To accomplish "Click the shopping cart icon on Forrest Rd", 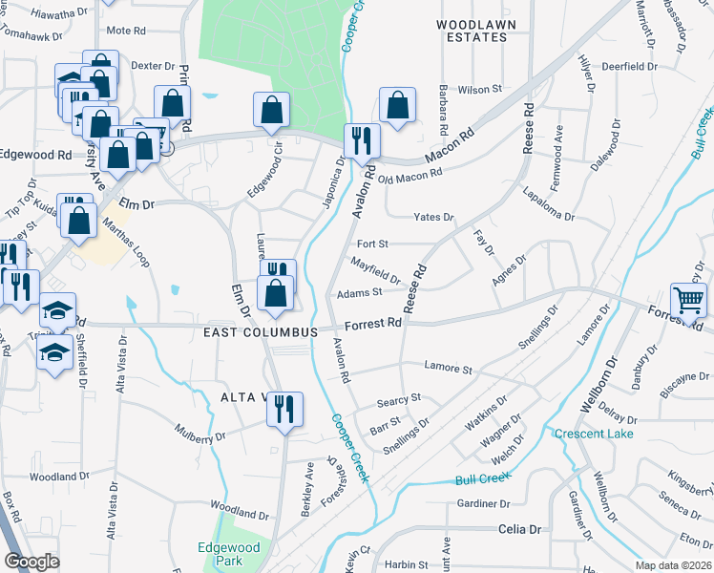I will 688,300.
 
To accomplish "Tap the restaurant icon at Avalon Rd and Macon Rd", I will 363,140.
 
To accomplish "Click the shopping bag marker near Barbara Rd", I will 397,104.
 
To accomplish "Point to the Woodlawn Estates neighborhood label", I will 471,30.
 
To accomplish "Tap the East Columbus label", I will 260,331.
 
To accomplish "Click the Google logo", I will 31,562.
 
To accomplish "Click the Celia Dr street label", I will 519,528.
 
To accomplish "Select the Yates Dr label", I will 433,218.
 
